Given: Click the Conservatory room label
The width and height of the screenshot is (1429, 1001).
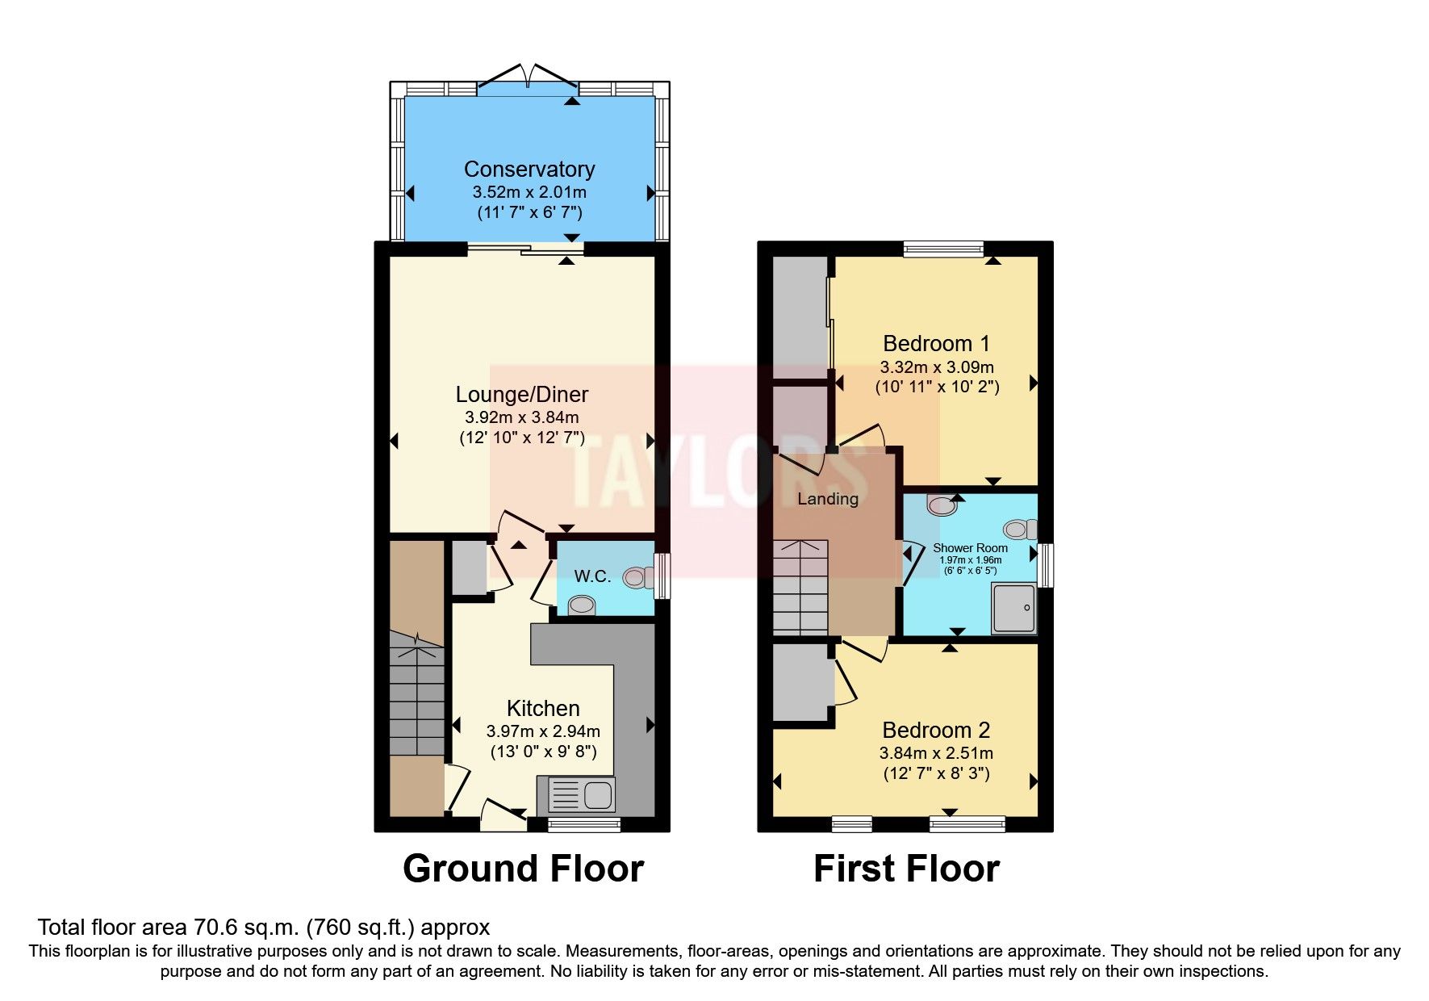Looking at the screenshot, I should [529, 170].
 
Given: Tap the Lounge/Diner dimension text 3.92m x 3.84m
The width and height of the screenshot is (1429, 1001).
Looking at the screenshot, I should [521, 417].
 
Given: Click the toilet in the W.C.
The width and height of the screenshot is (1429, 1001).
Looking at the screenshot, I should [639, 577].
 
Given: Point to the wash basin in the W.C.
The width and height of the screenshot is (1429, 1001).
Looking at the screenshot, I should [581, 605].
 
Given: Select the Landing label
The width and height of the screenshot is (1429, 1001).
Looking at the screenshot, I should [828, 499].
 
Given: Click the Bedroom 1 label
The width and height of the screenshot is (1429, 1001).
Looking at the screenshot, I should [936, 344].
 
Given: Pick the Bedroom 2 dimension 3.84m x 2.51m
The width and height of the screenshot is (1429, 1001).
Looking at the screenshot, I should [936, 753].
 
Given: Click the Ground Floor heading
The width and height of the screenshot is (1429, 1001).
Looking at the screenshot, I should [523, 869].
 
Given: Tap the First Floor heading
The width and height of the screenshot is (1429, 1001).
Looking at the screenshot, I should [906, 869].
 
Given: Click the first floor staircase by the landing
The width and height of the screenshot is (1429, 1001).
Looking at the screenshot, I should [800, 587].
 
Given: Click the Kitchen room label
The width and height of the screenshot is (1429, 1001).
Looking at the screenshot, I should [543, 709].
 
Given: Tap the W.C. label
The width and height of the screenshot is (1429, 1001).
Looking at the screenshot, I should [592, 576].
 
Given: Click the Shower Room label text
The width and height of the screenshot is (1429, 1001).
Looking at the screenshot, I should [970, 547].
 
